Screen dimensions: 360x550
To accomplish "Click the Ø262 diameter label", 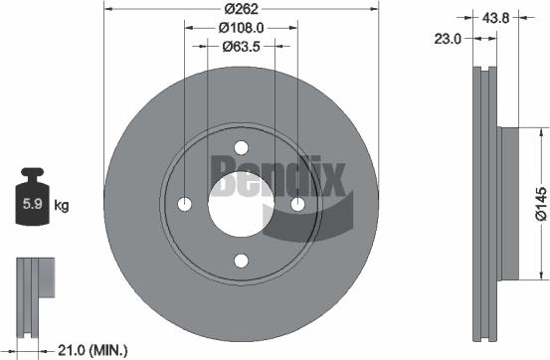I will [x=242, y=8].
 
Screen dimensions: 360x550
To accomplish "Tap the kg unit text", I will [x=61, y=206].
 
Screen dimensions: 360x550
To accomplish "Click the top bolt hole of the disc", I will [x=241, y=147].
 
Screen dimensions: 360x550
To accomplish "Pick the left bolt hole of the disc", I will [x=184, y=204].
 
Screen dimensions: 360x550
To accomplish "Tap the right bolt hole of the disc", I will [x=297, y=204].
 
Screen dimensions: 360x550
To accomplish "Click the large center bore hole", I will [x=241, y=204].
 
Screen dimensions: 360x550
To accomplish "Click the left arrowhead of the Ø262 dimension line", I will [x=107, y=9].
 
